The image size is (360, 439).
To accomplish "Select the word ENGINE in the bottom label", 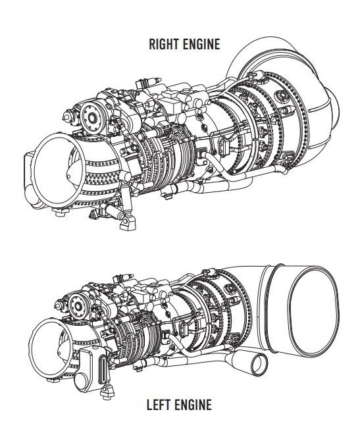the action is (x=193, y=405).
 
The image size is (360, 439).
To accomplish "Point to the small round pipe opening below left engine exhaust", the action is (x=259, y=365).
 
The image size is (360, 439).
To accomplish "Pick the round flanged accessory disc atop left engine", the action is (x=78, y=307).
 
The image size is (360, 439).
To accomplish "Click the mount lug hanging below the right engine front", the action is (x=127, y=222).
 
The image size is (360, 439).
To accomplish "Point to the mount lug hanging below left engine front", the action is (x=107, y=392).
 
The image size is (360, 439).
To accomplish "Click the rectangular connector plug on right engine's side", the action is (x=223, y=145).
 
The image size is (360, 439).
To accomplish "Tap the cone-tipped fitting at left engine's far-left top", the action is (x=59, y=305).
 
